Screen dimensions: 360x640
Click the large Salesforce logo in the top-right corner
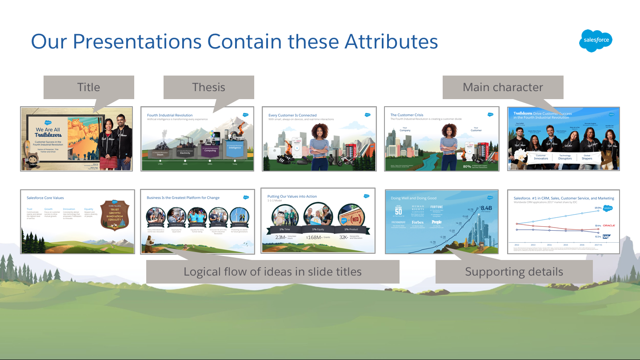[596, 41]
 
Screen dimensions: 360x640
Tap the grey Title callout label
[89, 87]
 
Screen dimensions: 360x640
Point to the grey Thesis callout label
[208, 87]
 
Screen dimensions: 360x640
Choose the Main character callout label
[503, 87]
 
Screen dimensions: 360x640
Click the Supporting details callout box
[514, 272]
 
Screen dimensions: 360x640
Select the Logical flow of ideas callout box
[272, 272]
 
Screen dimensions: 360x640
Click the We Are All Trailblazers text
[48, 132]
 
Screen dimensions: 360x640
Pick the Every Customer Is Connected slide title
[292, 115]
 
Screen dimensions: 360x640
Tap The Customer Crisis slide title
[407, 115]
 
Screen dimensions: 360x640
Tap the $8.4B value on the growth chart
[486, 208]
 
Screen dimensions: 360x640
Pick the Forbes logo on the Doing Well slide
[417, 222]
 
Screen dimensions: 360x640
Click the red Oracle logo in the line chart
[608, 225]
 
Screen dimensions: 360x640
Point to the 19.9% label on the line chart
[598, 208]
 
